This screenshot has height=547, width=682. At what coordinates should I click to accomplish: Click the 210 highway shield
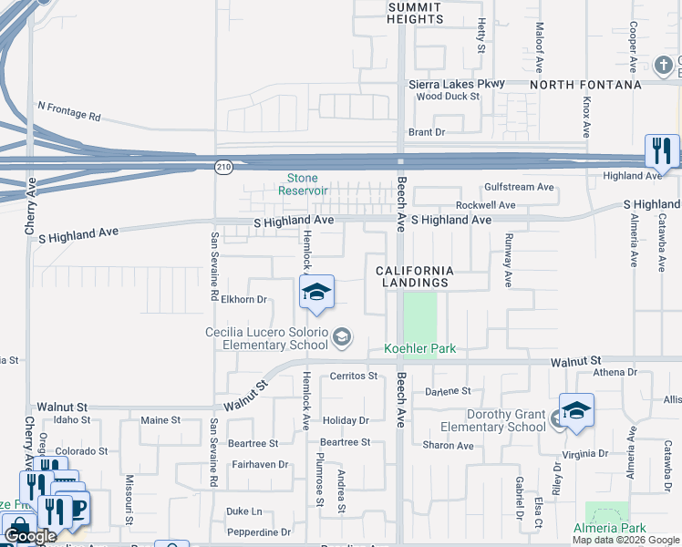pyautogui.click(x=224, y=166)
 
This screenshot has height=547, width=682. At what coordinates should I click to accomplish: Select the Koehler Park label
pyautogui.click(x=419, y=348)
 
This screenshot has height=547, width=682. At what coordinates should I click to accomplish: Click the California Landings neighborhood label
pyautogui.click(x=414, y=276)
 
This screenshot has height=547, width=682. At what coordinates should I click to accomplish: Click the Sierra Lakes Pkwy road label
pyautogui.click(x=457, y=84)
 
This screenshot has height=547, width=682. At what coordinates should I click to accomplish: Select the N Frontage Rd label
pyautogui.click(x=69, y=111)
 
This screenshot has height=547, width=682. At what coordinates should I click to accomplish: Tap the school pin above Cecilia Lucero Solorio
pyautogui.click(x=316, y=293)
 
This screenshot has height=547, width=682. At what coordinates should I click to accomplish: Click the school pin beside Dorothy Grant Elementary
pyautogui.click(x=576, y=411)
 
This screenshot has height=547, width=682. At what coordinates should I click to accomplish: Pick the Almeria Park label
pyautogui.click(x=609, y=528)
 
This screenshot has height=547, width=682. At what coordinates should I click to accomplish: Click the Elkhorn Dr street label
pyautogui.click(x=243, y=299)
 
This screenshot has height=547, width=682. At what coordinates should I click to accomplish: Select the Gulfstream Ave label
pyautogui.click(x=519, y=187)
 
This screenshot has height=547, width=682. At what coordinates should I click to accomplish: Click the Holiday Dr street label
pyautogui.click(x=345, y=420)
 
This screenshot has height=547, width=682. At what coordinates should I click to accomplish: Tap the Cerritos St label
pyautogui.click(x=353, y=376)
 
